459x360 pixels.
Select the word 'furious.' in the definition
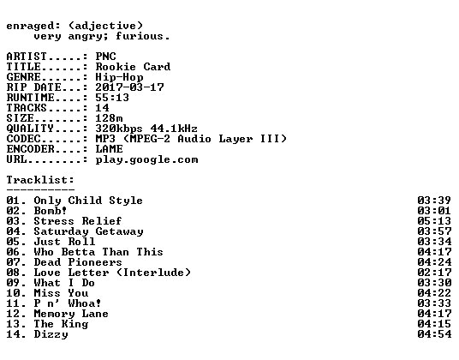[142, 36]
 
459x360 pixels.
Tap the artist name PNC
[105, 57]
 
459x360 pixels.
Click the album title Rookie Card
[133, 67]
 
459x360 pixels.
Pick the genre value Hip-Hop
[119, 77]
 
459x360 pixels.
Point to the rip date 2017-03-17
[129, 87]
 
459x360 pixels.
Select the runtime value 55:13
[112, 98]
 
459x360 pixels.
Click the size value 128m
[109, 118]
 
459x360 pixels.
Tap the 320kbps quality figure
[119, 129]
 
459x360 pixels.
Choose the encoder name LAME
[110, 149]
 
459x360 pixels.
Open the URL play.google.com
[146, 160]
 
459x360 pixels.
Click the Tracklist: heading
[40, 180]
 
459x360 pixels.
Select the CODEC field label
[23, 139]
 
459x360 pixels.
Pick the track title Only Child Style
[88, 201]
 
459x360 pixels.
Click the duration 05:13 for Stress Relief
[434, 221]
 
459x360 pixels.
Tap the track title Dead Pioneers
[78, 262]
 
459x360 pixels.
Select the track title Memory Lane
[71, 314]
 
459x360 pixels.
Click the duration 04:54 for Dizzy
[434, 334]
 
